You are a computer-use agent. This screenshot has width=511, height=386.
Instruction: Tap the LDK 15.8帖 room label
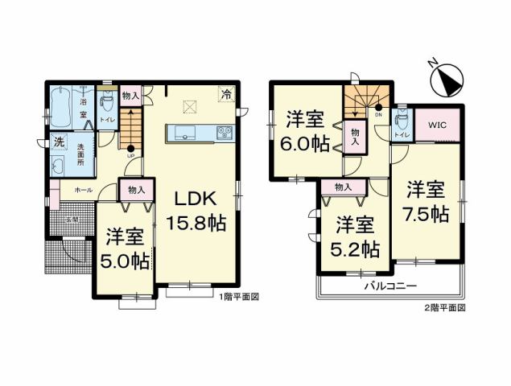(x=196, y=211)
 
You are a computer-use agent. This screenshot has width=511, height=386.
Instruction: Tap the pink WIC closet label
(x=438, y=125)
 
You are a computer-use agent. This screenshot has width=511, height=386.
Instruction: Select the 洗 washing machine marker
(x=59, y=142)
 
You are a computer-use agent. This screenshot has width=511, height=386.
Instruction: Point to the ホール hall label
(x=82, y=190)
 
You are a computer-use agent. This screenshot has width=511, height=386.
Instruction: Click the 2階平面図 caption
(x=444, y=308)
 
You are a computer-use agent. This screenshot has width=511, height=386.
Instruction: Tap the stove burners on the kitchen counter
(x=223, y=132)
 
